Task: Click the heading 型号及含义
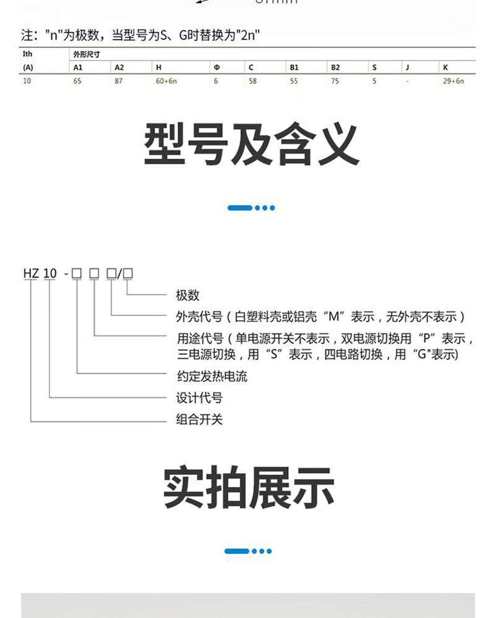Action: point(251,145)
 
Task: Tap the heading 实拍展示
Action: point(249,488)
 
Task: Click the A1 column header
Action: point(78,67)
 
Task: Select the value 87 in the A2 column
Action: point(119,82)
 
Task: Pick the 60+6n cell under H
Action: point(166,82)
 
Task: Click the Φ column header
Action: point(216,67)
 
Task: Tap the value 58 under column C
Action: point(252,82)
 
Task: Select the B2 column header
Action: point(335,67)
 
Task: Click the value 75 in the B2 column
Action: point(335,82)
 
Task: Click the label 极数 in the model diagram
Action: point(188,295)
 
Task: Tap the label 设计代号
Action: point(199,397)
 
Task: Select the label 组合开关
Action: point(199,420)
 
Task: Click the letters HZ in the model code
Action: point(31,272)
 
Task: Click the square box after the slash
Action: point(129,272)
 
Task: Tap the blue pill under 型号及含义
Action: point(239,208)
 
